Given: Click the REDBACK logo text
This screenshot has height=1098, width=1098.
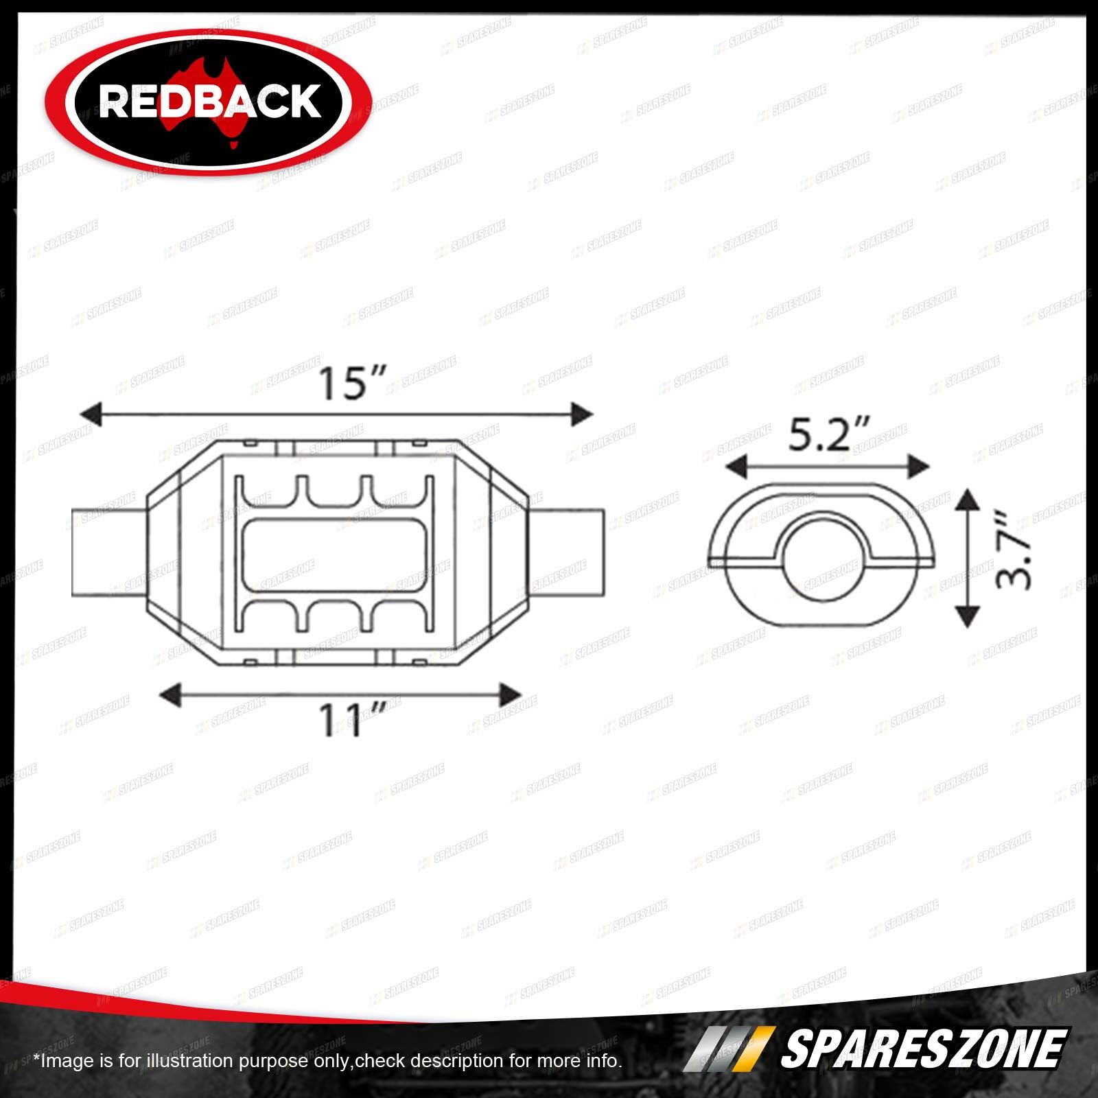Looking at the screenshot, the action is pos(210,101).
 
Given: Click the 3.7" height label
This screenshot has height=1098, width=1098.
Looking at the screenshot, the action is pos(1014,558).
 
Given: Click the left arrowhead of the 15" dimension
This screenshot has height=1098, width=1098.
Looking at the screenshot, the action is pos(92,415).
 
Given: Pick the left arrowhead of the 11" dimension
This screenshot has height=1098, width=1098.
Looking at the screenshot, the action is pos(170,696).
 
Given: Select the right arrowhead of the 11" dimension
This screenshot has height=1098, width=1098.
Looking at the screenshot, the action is pos(509,696).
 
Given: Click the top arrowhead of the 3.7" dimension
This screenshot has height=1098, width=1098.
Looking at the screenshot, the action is pos(967,500).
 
